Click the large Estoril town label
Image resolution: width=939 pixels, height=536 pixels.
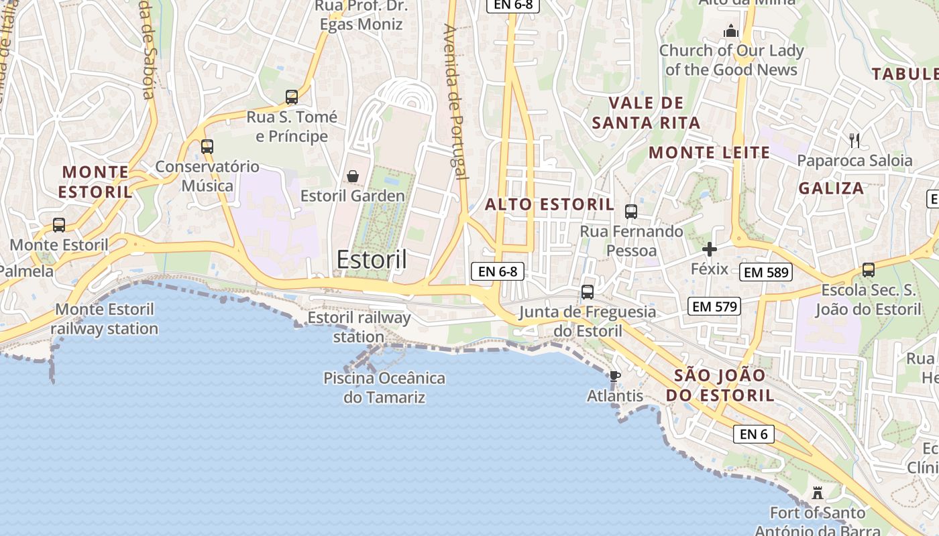click(x=372, y=259)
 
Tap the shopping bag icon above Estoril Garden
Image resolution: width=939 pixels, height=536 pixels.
click(x=352, y=176)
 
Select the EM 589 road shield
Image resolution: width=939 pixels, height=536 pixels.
click(x=767, y=272)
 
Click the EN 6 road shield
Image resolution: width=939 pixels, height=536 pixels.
click(x=753, y=434)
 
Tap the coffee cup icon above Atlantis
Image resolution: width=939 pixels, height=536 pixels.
click(x=614, y=376)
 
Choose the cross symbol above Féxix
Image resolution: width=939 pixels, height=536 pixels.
click(x=709, y=250)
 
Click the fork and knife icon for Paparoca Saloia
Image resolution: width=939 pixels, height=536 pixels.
click(x=854, y=140)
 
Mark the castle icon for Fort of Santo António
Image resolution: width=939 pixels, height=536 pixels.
click(x=817, y=493)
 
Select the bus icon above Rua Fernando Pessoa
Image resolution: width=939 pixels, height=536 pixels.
click(x=630, y=212)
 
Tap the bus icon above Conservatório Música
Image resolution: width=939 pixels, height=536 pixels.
click(x=207, y=146)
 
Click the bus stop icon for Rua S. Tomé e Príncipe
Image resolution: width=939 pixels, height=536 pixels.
click(x=291, y=97)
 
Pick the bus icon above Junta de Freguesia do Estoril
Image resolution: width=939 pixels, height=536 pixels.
click(x=587, y=292)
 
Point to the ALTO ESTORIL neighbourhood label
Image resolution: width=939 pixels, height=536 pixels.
click(x=549, y=204)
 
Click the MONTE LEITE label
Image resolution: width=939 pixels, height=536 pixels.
click(x=709, y=153)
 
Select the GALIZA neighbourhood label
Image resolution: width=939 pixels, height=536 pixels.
click(x=831, y=188)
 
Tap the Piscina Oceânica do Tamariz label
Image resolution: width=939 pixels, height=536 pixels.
click(x=384, y=387)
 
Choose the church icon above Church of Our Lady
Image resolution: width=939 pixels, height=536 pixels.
click(x=730, y=31)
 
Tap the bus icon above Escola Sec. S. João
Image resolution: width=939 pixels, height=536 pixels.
click(x=868, y=270)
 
